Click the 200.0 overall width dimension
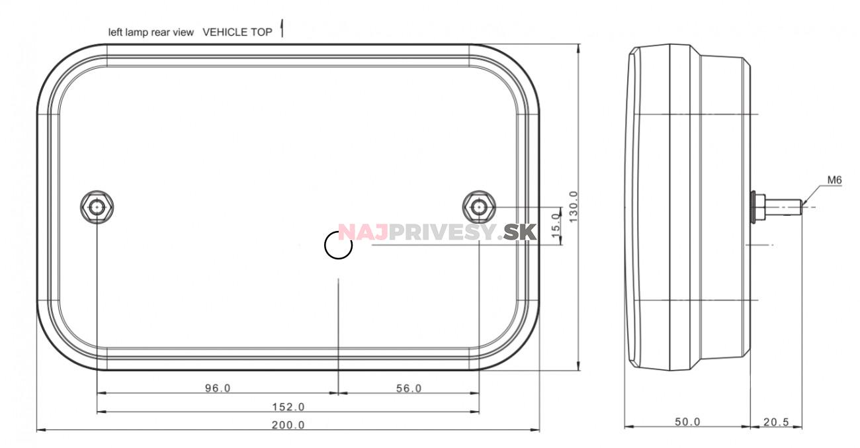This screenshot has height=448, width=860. (x=288, y=425)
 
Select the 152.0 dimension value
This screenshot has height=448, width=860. (x=288, y=406)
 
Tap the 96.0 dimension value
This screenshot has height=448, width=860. (x=218, y=388)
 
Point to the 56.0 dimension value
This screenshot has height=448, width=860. (x=409, y=388)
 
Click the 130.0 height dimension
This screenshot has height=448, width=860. (x=573, y=206)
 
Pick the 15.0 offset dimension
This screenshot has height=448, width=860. (x=556, y=226)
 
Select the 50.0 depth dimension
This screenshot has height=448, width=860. (x=687, y=422)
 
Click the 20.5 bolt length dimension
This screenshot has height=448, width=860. (x=776, y=422)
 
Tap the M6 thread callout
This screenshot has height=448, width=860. (x=834, y=180)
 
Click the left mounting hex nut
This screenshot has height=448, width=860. (x=97, y=207)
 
